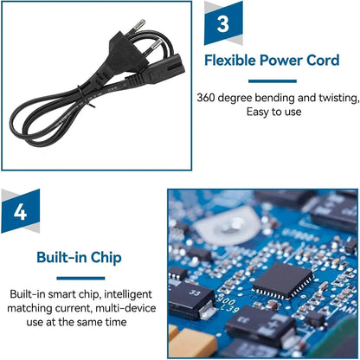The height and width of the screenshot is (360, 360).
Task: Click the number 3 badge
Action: [x=223, y=23]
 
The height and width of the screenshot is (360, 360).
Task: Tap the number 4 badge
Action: [x=21, y=211]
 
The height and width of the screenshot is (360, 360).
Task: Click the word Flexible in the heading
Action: [x=230, y=61]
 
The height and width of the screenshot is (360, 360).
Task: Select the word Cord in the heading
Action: [x=323, y=61]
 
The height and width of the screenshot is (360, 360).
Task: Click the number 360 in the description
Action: [x=206, y=98]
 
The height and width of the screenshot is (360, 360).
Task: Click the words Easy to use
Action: [x=273, y=112]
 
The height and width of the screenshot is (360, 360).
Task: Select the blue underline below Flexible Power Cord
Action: [x=273, y=81]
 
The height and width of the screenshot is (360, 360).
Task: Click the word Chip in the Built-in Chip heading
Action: [x=106, y=258]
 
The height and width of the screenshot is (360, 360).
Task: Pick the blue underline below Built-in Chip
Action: [x=80, y=279]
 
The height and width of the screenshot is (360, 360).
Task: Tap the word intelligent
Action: [x=128, y=294]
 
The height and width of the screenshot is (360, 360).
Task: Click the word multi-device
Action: [x=125, y=308]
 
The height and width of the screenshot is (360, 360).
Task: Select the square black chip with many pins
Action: [x=282, y=280]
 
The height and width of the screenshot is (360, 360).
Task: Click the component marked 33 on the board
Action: [x=192, y=300]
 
